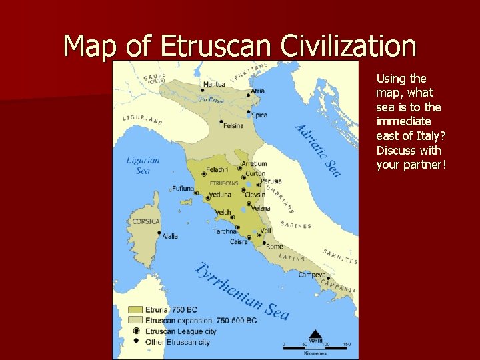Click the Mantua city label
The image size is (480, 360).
(x=214, y=84)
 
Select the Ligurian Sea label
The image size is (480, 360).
(x=143, y=165)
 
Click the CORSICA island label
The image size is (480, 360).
(x=146, y=221)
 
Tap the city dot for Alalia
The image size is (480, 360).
(x=159, y=233)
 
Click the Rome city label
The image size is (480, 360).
(x=274, y=246)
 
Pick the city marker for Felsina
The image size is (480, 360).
(x=221, y=122)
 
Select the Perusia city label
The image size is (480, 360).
(x=271, y=181)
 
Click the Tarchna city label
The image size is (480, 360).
(x=224, y=231)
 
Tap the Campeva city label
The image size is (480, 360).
(x=311, y=275)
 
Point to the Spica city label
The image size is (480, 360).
(x=259, y=115)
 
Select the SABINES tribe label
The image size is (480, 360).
(x=295, y=225)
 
